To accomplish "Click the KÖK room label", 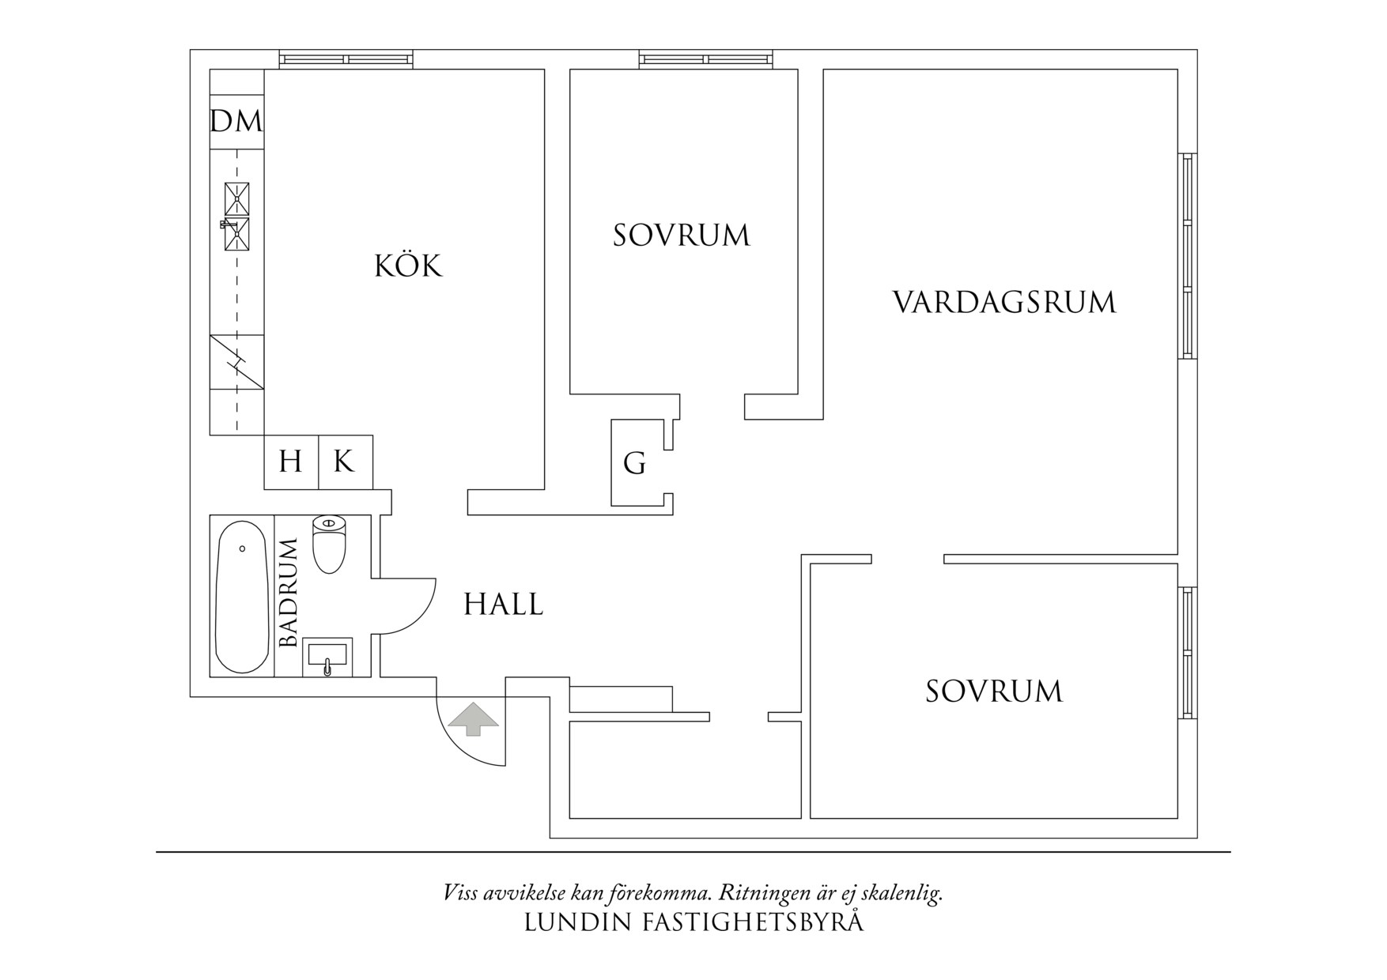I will click(x=408, y=266).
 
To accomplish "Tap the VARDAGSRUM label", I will click(x=1003, y=303).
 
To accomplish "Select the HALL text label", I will click(x=503, y=605).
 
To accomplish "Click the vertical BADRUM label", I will click(x=289, y=593).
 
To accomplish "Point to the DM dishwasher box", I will click(x=236, y=122).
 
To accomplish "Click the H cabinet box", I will click(x=290, y=462).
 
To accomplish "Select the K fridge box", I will click(x=345, y=462).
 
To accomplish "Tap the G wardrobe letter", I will click(x=634, y=464).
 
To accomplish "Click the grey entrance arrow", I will click(x=473, y=718).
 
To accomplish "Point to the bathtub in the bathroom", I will click(x=242, y=597).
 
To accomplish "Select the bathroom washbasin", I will click(x=327, y=658).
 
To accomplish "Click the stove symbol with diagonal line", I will click(x=236, y=362).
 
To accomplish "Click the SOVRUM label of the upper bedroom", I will click(x=681, y=236).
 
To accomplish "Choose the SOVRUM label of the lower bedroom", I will click(x=994, y=692).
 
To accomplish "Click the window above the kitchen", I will click(x=346, y=58).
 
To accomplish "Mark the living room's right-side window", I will click(x=1187, y=256).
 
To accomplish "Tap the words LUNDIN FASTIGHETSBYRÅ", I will click(x=693, y=922).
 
